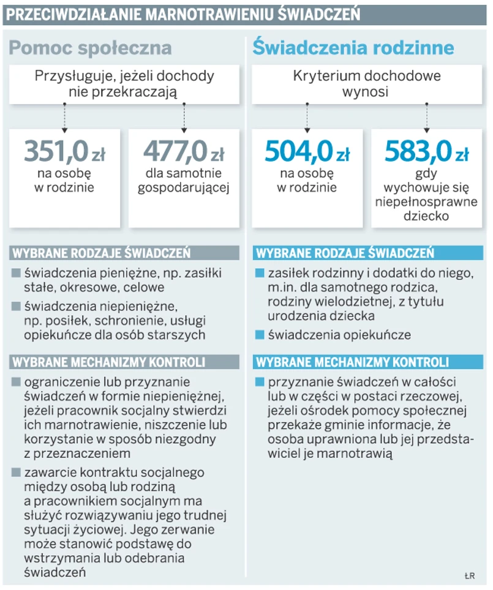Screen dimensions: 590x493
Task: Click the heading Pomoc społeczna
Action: [x=91, y=48]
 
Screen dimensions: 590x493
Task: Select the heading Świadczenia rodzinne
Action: [x=353, y=48]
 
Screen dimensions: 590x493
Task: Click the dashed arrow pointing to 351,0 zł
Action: [x=64, y=116]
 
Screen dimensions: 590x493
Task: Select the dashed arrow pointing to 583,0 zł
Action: [x=426, y=116]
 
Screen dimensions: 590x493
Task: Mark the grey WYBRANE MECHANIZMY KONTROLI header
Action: [x=108, y=362]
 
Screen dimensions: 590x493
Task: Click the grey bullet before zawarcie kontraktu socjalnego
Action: [x=16, y=472]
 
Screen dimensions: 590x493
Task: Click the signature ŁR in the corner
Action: [x=470, y=575]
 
